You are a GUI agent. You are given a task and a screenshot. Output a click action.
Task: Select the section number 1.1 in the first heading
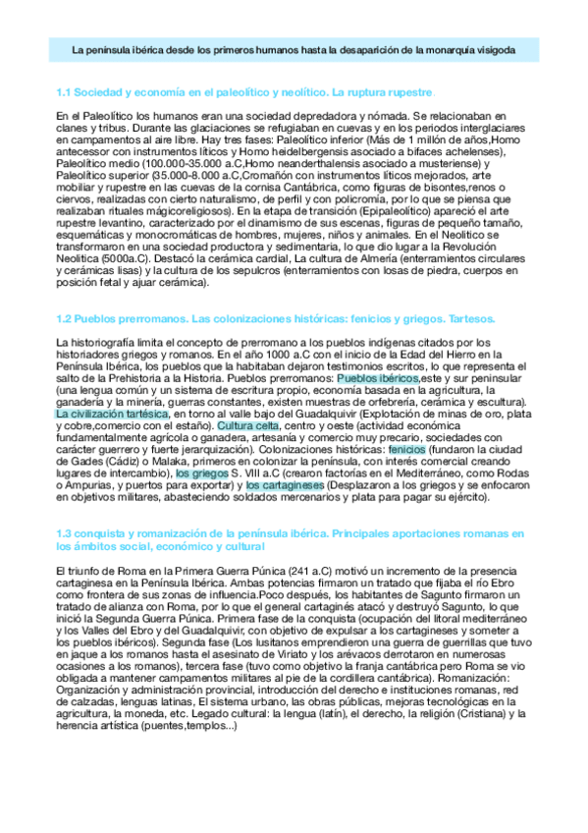tap(66, 92)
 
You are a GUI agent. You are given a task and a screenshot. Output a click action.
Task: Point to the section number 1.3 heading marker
tap(66, 532)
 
